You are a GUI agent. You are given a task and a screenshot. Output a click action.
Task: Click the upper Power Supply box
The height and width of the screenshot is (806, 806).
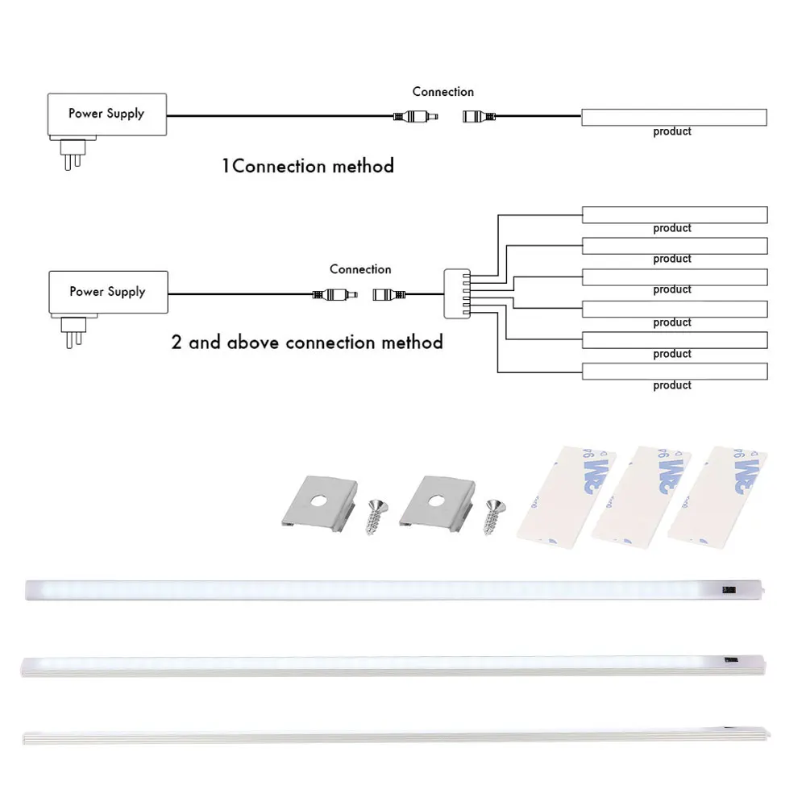[107, 114]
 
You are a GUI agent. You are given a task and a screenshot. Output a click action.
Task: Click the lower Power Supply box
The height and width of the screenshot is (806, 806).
[108, 292]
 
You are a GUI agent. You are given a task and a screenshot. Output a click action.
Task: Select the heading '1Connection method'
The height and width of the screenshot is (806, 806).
[308, 167]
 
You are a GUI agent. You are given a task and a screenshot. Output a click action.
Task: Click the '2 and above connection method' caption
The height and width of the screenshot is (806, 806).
[307, 343]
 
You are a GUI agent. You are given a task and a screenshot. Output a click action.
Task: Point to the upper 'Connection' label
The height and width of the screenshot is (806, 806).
[442, 92]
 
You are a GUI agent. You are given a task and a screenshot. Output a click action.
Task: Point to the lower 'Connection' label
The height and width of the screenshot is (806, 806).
[360, 269]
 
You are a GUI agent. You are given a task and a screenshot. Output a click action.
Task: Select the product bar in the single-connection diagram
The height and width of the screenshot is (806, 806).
[674, 117]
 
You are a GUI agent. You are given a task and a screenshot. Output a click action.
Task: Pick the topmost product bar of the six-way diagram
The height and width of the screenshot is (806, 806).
[674, 214]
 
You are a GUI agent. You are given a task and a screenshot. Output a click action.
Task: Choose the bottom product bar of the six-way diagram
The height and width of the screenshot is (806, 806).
[674, 372]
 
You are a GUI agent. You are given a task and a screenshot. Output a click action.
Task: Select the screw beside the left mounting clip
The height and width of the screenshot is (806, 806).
[375, 516]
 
